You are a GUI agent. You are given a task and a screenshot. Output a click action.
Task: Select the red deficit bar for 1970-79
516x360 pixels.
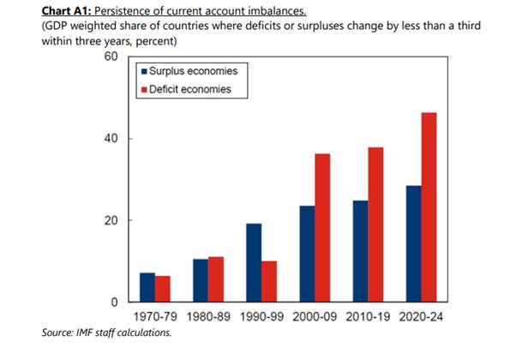163,290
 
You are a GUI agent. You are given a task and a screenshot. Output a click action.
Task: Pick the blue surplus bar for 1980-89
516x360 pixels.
201,281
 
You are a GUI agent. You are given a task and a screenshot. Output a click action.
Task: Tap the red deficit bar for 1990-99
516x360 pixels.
268,282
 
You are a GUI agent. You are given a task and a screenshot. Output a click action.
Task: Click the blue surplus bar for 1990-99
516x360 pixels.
253,263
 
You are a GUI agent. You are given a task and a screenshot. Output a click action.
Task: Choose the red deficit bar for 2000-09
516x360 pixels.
321,228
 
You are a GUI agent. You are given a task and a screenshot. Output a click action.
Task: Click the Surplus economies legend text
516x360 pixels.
193,71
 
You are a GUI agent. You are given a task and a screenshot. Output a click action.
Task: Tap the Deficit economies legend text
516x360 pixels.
190,89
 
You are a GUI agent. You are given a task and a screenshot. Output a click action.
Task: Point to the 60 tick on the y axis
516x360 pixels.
109,57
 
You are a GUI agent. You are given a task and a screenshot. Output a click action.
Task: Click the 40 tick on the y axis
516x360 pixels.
109,139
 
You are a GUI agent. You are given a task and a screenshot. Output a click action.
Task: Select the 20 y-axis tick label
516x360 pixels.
109,221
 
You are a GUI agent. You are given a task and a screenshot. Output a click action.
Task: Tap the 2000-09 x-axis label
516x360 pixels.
314,318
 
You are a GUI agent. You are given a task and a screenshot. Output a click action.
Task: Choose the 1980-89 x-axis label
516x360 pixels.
208,318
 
